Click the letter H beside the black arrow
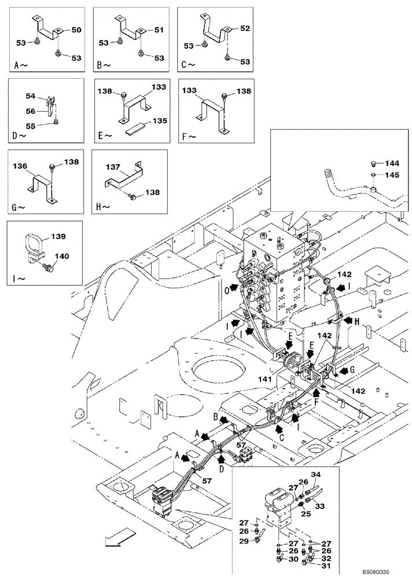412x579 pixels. pyautogui.click(x=359, y=322)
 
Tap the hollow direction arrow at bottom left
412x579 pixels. pyautogui.click(x=114, y=541)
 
